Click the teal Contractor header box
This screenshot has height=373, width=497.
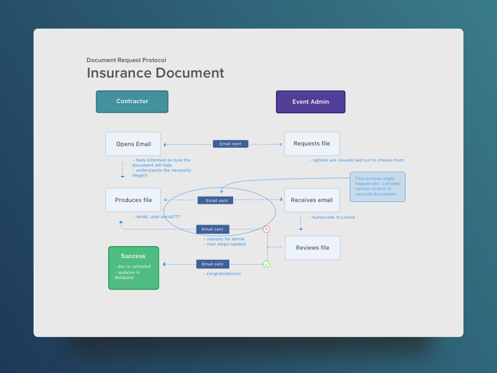pos(132,101)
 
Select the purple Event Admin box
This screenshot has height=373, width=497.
pos(311,101)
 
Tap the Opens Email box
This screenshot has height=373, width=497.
pos(133,144)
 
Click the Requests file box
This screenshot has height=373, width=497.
pos(312,144)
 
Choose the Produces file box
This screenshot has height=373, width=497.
pos(133,200)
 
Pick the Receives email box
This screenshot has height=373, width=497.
pos(312,200)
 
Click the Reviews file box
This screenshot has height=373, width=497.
pos(312,247)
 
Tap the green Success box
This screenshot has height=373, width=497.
pos(134,267)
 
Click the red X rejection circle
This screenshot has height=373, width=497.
pos(267,229)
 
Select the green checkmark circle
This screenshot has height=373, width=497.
pos(267,264)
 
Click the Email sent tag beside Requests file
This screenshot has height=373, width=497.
pos(230,144)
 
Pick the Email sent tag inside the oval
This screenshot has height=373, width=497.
pos(216,200)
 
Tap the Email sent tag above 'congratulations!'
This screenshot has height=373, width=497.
pos(212,264)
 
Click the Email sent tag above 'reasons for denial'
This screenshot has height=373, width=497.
pos(212,229)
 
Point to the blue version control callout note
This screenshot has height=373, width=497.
pos(377,187)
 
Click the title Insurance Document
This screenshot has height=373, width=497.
pos(155,73)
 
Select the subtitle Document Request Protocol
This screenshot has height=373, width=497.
pos(126,60)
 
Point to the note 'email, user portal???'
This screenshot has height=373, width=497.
pos(157,216)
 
